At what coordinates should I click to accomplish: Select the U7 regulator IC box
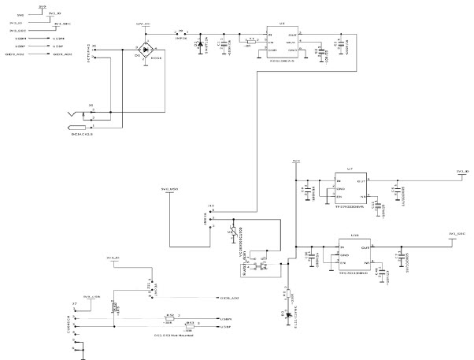point(351,187)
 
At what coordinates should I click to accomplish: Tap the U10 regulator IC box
point(355,255)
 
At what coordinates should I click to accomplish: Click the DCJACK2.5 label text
point(82,135)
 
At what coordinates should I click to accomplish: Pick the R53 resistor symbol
point(190,325)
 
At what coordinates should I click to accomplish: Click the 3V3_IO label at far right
point(463,170)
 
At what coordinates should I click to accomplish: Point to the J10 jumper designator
point(211,206)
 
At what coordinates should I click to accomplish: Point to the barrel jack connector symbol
point(79,121)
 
